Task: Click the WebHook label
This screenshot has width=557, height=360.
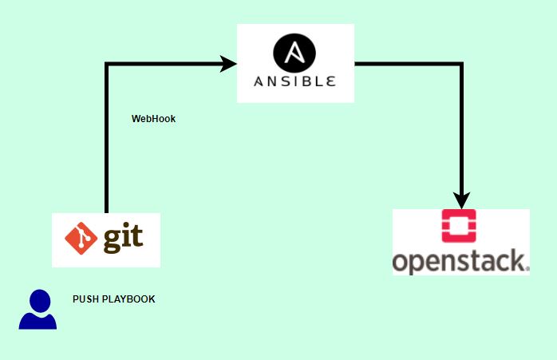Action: [153, 119]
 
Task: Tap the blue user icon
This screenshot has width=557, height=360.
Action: [38, 311]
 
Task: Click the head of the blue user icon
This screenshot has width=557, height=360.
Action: [38, 301]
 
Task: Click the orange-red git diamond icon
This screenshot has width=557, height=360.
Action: [82, 239]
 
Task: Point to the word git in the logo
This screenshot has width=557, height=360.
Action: [122, 239]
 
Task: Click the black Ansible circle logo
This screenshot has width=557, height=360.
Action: [294, 54]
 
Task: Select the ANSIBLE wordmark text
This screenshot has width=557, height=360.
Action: [294, 81]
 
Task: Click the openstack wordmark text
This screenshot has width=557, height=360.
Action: [458, 261]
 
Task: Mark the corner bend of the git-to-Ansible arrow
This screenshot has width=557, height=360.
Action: [107, 63]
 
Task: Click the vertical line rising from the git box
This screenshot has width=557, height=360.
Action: [107, 144]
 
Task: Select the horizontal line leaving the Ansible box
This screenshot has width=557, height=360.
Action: [407, 63]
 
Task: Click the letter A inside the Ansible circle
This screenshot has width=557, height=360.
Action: [294, 54]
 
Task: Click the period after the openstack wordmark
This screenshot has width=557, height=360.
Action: [525, 269]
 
